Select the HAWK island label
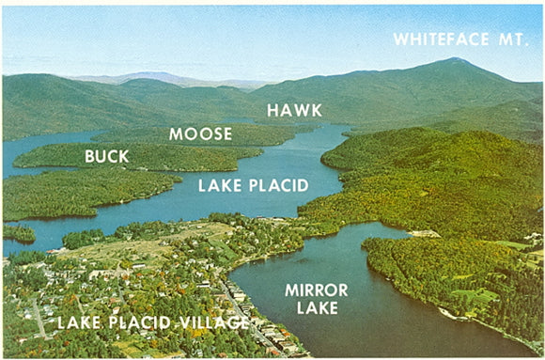[x=294, y=110]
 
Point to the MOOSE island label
[x=200, y=134]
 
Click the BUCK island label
[x=107, y=156]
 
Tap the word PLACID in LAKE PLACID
[x=273, y=185]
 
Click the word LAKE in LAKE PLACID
[x=216, y=185]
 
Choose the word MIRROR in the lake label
[x=317, y=289]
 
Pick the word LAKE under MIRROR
[x=317, y=307]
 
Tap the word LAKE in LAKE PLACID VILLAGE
[x=77, y=322]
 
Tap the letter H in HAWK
[x=273, y=110]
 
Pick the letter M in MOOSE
[x=176, y=134]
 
